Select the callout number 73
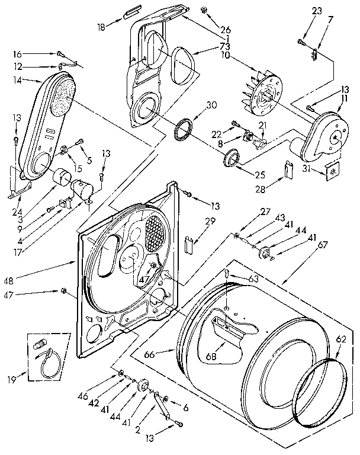point(208,47)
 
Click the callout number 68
point(210,357)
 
